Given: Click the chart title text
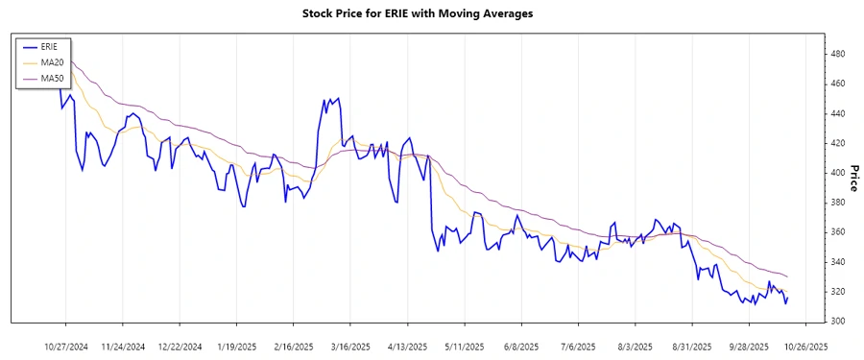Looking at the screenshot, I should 431,13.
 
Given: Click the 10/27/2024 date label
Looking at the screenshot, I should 67,346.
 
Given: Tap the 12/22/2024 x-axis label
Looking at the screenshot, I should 180,346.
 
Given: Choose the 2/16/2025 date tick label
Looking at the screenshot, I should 294,346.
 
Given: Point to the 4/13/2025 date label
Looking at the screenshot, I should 407,346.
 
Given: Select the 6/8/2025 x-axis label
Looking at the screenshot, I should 520,346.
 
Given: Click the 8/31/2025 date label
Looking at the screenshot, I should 692,346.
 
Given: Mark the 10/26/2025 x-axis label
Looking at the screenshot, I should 805,346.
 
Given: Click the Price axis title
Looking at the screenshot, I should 853,178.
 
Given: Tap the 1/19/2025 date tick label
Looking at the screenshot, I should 237,346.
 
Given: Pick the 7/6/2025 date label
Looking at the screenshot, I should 578,346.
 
